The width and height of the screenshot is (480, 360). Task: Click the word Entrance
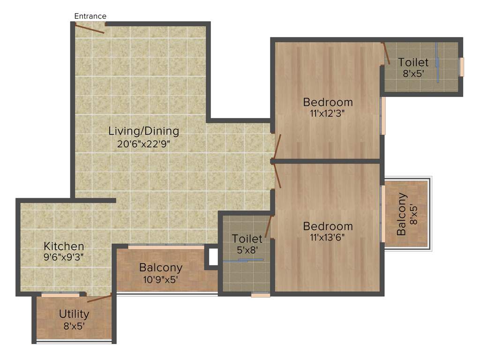[x=90, y=16]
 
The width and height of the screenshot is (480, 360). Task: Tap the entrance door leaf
[x=90, y=29]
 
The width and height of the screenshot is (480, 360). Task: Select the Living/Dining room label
[x=144, y=131]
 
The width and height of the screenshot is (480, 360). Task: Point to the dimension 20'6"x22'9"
[x=143, y=144]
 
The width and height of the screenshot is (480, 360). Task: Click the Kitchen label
[x=64, y=246]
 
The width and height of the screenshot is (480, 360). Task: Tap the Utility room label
[x=74, y=314]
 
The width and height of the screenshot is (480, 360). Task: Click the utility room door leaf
[x=99, y=299]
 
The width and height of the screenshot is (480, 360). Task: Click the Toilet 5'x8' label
[x=247, y=239]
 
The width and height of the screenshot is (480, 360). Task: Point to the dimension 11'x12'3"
[x=328, y=113]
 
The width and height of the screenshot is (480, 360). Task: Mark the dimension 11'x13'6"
[x=328, y=237]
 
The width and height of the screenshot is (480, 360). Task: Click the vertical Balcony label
[x=402, y=214]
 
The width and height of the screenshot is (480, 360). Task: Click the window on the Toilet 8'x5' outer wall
[x=461, y=67]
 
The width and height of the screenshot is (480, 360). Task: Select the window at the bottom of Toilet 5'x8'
[x=260, y=295]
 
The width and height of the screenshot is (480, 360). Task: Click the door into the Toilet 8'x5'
[x=386, y=53]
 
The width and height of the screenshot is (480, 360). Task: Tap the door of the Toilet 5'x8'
[x=268, y=226]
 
